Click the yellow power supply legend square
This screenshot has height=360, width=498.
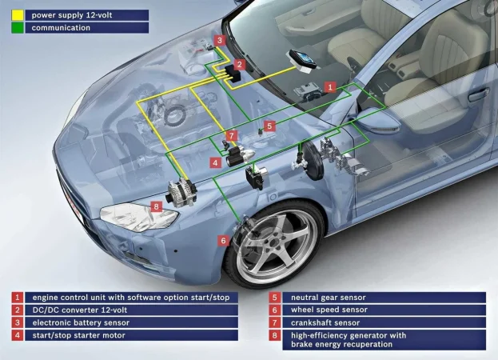click(x=17, y=14)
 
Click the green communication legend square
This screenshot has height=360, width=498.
click(x=17, y=27)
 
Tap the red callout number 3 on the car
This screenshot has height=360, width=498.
click(x=220, y=40)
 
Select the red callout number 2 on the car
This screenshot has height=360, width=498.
click(x=240, y=65)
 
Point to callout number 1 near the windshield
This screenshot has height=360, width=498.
click(x=330, y=86)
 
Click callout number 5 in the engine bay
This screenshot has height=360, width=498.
click(x=269, y=126)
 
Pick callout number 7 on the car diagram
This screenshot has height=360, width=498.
click(x=232, y=136)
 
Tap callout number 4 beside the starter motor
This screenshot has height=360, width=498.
click(x=215, y=162)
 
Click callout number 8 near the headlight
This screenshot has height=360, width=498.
click(x=157, y=206)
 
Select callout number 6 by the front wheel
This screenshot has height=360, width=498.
click(x=223, y=240)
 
